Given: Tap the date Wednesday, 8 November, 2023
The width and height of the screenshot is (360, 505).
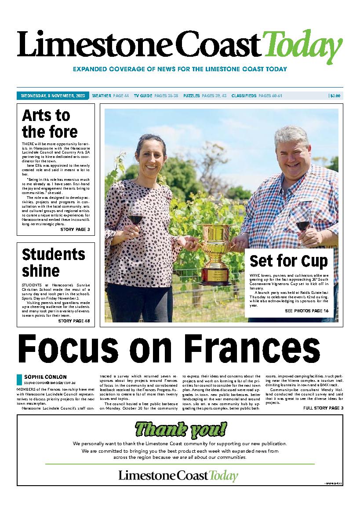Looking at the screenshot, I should pos(53,96).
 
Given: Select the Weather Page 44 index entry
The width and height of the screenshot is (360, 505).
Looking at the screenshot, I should pos(110,96).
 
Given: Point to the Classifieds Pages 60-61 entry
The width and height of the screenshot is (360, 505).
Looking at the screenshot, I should pos(257,96).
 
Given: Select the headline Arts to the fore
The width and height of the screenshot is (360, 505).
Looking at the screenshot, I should pos(50,124).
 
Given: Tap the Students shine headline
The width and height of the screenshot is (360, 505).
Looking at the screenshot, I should pos(53,262).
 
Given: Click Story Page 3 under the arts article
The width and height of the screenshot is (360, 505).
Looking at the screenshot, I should pos(75,230).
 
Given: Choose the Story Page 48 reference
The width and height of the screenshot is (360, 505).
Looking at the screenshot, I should pos(74,321).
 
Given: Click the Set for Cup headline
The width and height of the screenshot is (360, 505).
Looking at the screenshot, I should pos(289,261).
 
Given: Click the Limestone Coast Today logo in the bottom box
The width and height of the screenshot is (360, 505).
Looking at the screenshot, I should pos(178,476).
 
